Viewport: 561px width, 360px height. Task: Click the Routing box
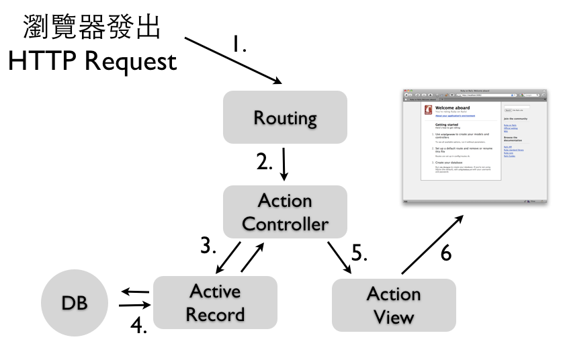coord(285,118)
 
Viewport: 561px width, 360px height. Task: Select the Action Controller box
coord(285,212)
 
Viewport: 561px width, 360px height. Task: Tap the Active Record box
coord(215,302)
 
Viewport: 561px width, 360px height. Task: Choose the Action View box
coord(394,305)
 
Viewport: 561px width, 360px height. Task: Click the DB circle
coord(74,303)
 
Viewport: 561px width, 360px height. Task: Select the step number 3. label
coord(209,246)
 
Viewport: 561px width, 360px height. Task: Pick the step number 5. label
coord(360,254)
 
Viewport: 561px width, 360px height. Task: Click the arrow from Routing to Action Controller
coord(284,165)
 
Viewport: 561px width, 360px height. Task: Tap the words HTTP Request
coord(92,62)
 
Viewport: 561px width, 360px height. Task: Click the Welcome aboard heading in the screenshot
coord(452,107)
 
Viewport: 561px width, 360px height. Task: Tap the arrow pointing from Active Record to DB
coord(135,292)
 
